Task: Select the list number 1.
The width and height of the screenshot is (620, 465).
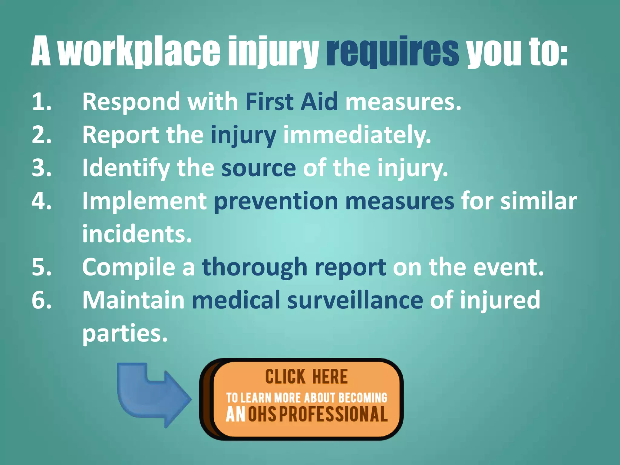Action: (x=41, y=102)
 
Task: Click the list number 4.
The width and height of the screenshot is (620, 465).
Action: (x=41, y=201)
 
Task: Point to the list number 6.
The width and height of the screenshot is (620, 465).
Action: (x=41, y=300)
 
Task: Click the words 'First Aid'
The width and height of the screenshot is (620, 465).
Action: (x=291, y=102)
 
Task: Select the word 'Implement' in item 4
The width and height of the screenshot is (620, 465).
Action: (x=144, y=201)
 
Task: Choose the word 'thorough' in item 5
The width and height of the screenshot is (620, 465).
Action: (x=255, y=267)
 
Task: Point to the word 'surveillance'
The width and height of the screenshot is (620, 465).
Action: (x=355, y=300)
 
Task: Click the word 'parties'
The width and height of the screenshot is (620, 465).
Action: (x=125, y=334)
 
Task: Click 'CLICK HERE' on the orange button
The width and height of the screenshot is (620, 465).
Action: (x=306, y=377)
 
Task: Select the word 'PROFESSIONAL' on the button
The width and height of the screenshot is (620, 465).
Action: (x=333, y=414)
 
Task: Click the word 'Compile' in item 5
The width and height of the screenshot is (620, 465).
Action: (x=128, y=267)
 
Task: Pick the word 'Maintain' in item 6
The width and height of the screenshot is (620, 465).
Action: (x=133, y=300)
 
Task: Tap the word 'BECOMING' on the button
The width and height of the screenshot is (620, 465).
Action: (x=363, y=398)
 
